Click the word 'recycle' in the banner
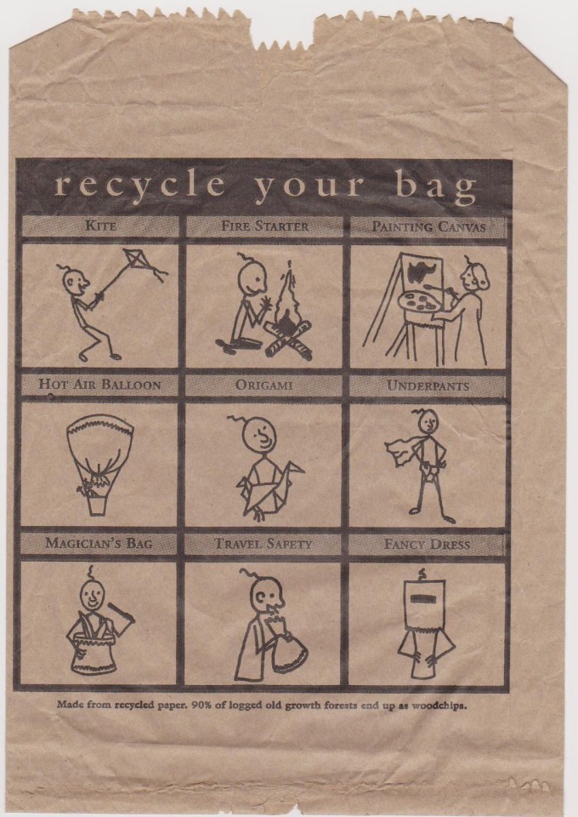pos(139,185)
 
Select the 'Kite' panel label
pos(100,226)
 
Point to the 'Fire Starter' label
pos(265,226)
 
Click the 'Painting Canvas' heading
pos(428,226)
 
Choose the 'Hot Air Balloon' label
pos(100,385)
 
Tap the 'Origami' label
pos(263,385)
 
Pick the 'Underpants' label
pos(428,386)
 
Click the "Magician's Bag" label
pos(99,543)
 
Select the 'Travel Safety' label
pos(263,544)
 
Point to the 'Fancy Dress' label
pos(427,545)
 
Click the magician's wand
pos(121,612)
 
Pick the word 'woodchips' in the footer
pos(439,706)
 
